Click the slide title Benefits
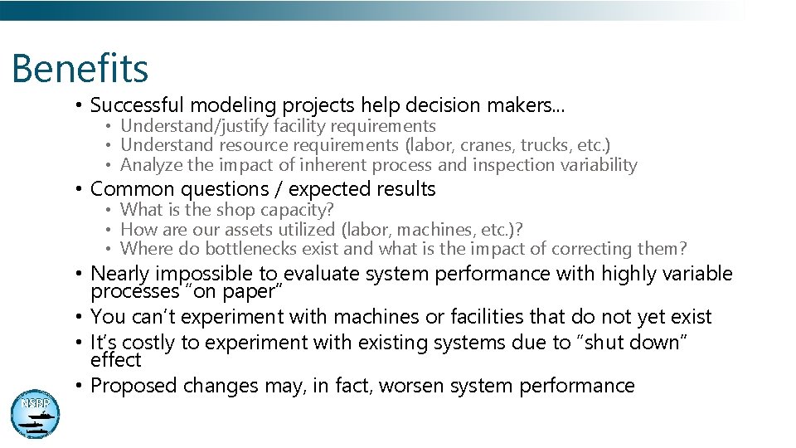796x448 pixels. (80, 69)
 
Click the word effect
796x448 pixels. (116, 360)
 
